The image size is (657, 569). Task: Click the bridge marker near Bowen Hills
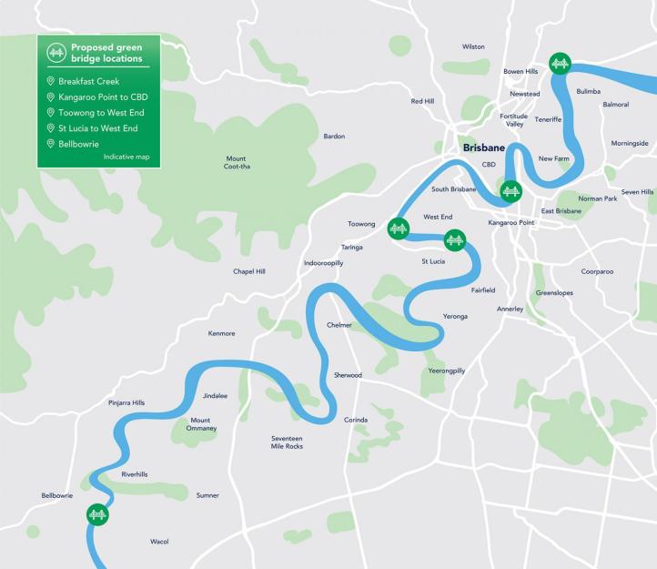click(561, 63)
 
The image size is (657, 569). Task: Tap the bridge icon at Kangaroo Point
click(510, 192)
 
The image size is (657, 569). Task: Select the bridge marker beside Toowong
click(398, 229)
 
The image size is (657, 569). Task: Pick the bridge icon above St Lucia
click(454, 241)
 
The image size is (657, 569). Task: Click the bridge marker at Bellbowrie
click(97, 515)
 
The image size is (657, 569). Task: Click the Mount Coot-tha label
click(236, 162)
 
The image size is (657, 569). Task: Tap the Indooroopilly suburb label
click(323, 263)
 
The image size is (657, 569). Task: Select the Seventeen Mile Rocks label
click(287, 442)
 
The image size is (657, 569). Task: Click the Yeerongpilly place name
click(446, 371)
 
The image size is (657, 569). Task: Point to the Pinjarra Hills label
click(126, 401)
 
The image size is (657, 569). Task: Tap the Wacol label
click(160, 542)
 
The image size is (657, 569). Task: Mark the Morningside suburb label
click(630, 143)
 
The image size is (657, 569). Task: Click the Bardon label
click(334, 137)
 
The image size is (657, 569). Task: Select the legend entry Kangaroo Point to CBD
click(101, 97)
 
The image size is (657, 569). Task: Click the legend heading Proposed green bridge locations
click(106, 53)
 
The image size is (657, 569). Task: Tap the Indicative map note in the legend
click(126, 157)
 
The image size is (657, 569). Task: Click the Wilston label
click(473, 46)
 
